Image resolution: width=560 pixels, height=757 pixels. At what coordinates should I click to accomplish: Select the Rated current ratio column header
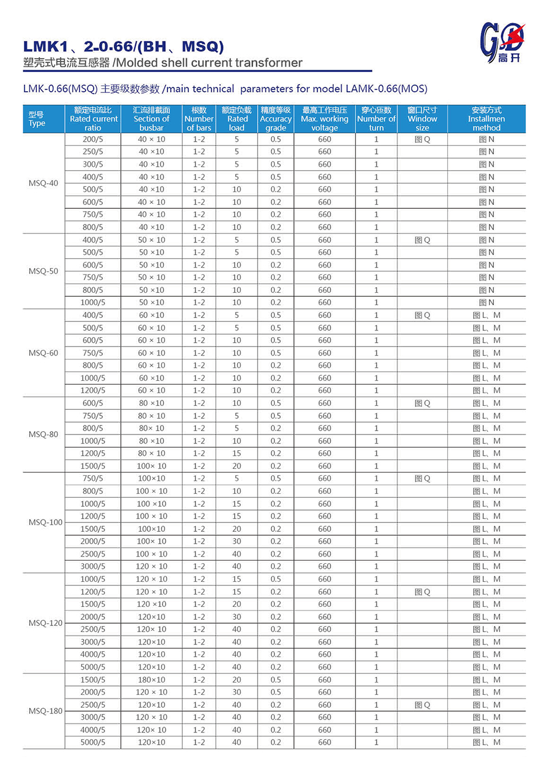94,119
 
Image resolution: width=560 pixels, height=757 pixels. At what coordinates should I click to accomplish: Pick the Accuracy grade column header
276,119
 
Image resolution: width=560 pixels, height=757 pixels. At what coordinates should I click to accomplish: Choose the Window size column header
422,119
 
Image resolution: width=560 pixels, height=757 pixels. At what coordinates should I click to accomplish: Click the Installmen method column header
486,119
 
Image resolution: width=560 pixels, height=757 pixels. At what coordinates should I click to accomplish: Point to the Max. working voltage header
324,119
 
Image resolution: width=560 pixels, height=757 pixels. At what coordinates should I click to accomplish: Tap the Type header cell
37,119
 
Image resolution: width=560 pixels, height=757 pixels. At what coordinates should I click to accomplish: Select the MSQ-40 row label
43,183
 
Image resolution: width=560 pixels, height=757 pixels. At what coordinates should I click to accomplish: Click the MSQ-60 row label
43,353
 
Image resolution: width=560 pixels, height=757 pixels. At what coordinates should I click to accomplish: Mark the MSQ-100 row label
45,522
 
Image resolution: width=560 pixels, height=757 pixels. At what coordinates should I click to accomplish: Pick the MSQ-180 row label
45,711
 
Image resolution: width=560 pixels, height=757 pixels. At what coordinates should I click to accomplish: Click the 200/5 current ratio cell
93,139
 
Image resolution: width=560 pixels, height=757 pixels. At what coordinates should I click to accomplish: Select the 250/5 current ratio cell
93,152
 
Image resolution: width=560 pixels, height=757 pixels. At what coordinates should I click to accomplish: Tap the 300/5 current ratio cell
93,165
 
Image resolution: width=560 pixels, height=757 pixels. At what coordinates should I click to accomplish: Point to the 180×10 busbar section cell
151,680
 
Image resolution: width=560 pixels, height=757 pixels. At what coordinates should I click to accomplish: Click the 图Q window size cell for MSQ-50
422,240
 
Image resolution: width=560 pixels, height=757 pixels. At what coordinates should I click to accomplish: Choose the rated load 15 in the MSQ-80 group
237,454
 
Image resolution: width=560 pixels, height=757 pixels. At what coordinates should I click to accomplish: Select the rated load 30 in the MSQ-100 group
237,541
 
